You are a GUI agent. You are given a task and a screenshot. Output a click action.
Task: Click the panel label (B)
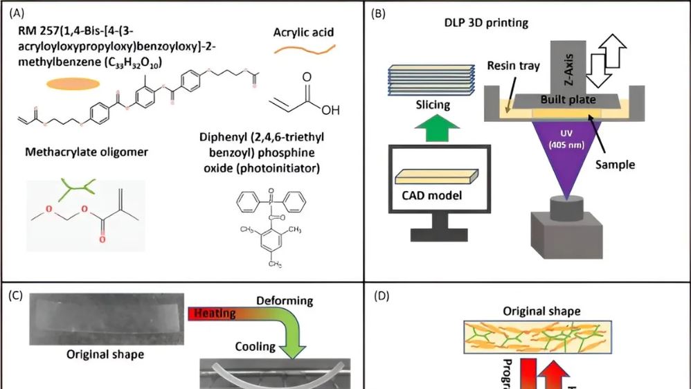[x=379, y=12]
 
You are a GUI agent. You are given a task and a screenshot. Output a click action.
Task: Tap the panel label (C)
[x=15, y=295]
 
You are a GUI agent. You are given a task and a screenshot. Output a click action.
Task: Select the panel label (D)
[x=382, y=295]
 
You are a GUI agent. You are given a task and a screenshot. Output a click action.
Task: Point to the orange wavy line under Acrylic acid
[x=303, y=49]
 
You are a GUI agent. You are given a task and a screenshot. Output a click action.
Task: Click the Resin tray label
[x=513, y=66]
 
